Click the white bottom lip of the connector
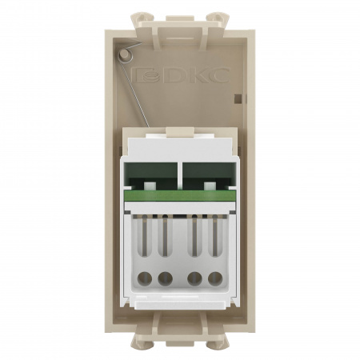(180, 303)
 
